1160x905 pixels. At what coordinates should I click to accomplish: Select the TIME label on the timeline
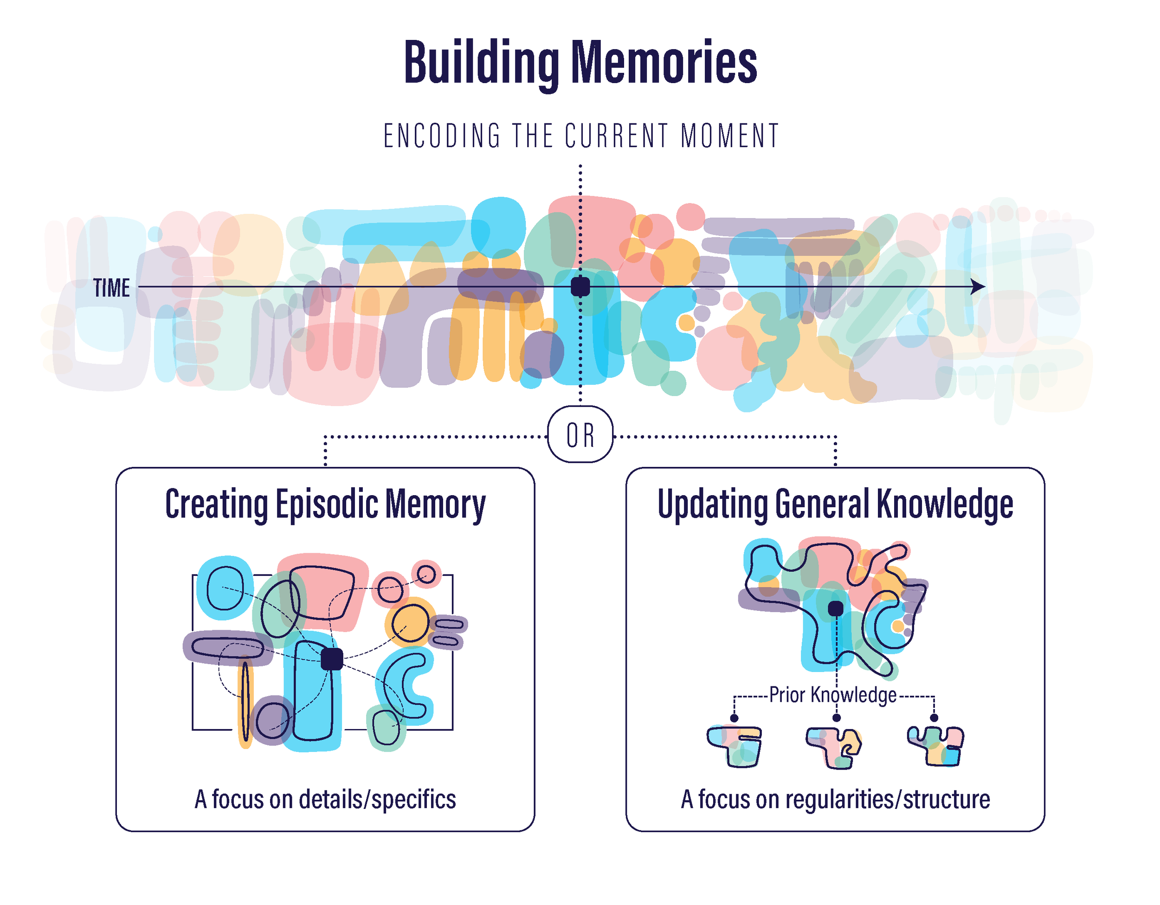pyautogui.click(x=111, y=288)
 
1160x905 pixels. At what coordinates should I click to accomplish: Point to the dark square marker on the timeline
pyautogui.click(x=580, y=287)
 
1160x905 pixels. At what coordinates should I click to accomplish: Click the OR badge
pyautogui.click(x=580, y=435)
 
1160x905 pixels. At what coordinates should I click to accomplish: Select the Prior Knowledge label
pyautogui.click(x=833, y=695)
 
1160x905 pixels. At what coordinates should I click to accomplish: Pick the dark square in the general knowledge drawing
pyautogui.click(x=836, y=608)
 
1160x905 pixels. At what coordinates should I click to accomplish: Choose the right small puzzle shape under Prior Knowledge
pyautogui.click(x=936, y=746)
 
